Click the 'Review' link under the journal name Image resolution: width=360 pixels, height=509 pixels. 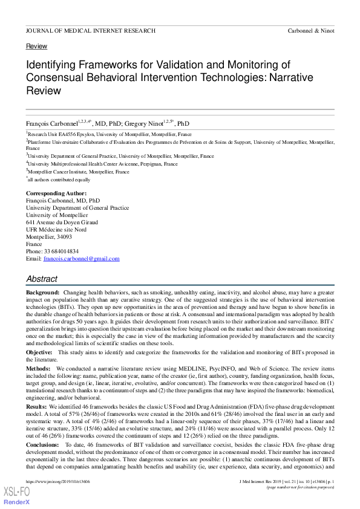coord(36,46)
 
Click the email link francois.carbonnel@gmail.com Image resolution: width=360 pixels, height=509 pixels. coord(81,259)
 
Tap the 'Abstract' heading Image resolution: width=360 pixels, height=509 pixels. coord(42,279)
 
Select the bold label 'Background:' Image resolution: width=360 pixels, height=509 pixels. coord(42,292)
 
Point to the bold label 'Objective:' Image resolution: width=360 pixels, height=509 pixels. coord(39,352)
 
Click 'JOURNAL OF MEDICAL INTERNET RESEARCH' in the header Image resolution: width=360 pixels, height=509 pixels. coord(91,31)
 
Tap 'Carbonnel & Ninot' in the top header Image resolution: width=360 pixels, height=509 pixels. coord(310,31)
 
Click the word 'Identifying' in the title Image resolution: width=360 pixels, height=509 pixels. coord(54,65)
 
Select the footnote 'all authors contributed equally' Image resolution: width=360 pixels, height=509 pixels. coord(59,180)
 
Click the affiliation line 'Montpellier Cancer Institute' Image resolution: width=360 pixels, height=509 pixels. coord(79,172)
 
